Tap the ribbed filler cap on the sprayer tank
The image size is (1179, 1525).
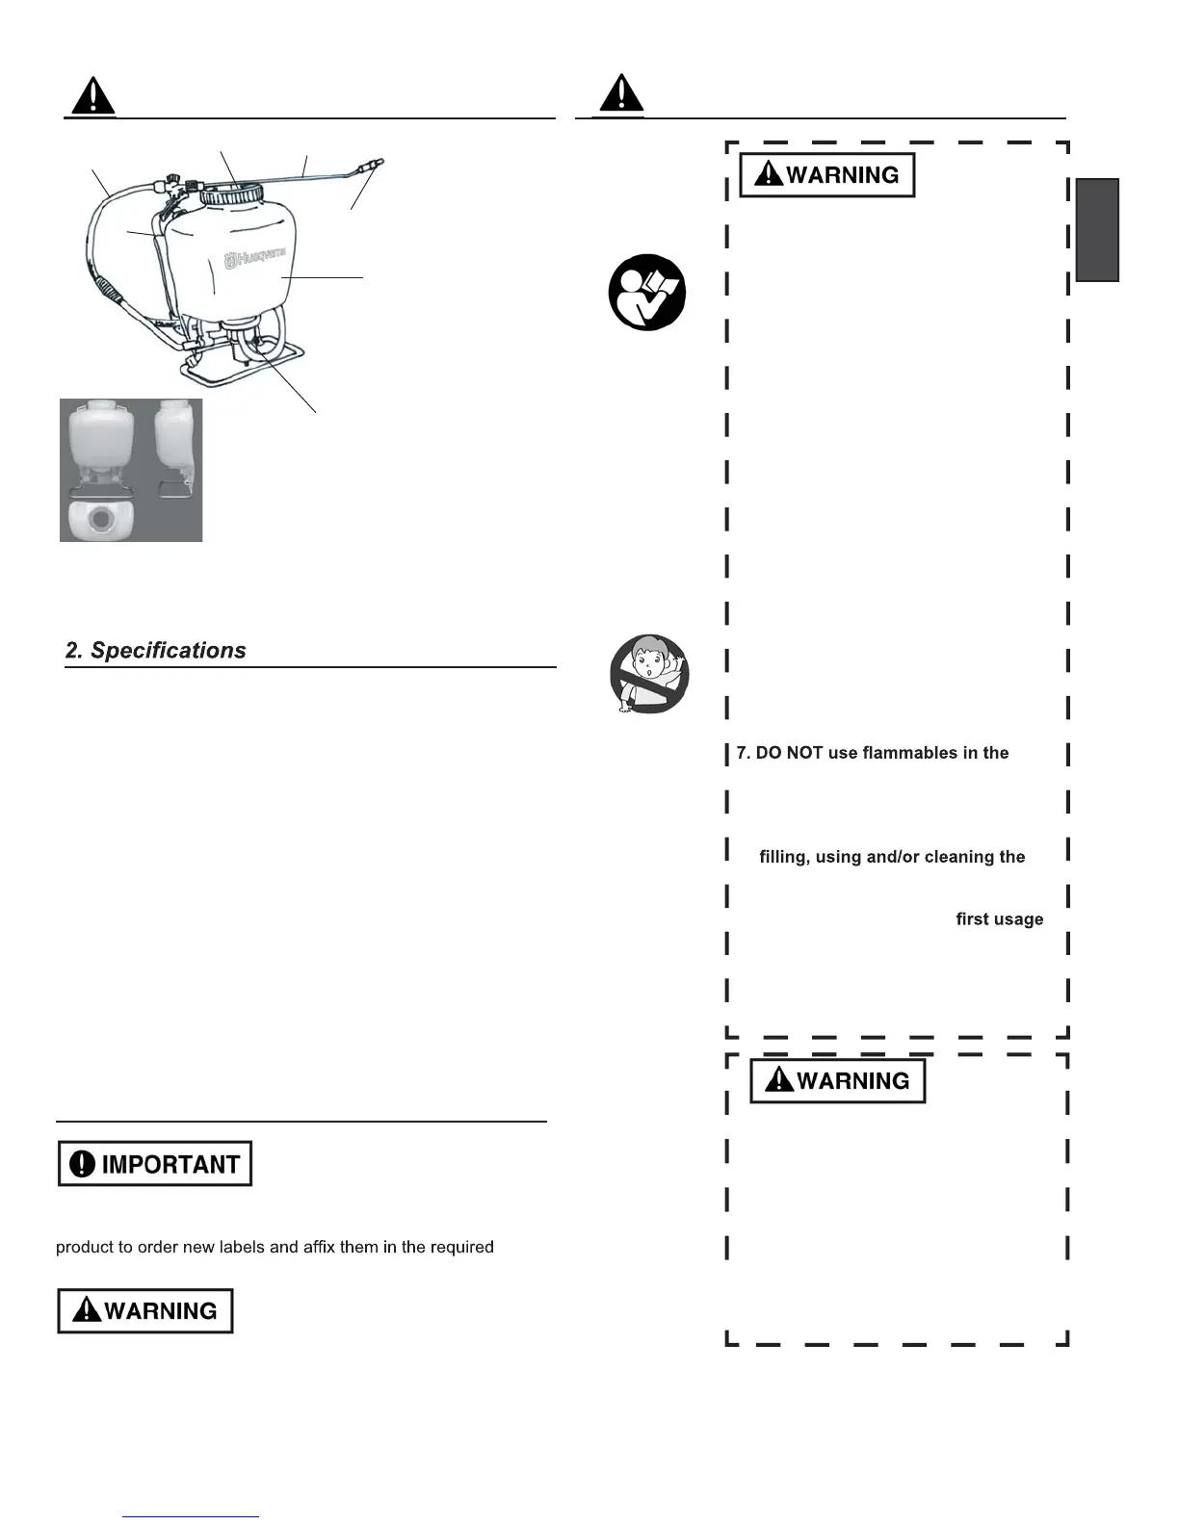click(231, 192)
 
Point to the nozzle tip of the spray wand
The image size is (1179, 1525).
click(379, 163)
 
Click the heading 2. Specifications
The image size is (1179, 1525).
click(155, 651)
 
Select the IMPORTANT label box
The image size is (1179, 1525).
click(154, 1164)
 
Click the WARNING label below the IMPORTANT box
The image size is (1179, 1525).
click(145, 1311)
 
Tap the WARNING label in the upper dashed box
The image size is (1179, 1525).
click(826, 175)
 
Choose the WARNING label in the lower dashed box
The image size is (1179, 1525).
click(837, 1081)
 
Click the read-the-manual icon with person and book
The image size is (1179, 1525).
click(647, 293)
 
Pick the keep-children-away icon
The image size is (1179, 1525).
click(649, 674)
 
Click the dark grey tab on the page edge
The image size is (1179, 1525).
click(1097, 230)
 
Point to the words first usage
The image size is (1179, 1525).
click(999, 919)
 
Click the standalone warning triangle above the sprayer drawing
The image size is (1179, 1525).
click(93, 96)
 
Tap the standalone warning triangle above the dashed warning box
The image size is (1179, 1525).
click(621, 93)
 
